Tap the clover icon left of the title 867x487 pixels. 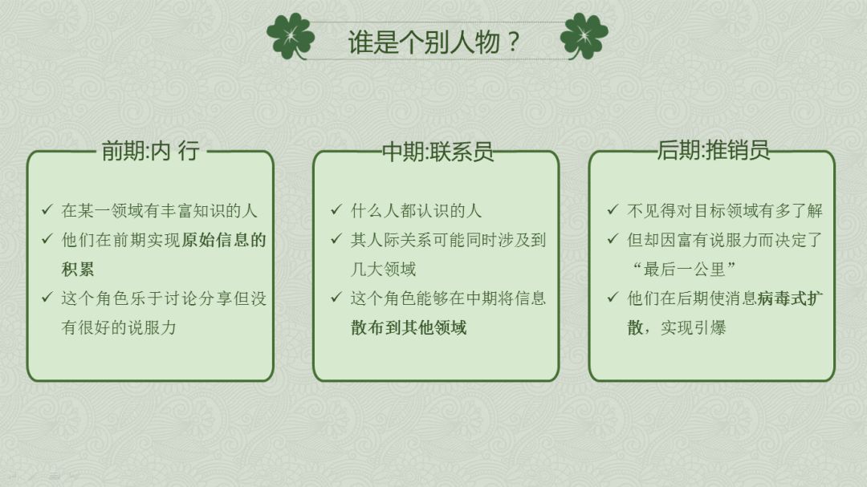290,36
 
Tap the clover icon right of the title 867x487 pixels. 584,36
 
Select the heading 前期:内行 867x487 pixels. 150,151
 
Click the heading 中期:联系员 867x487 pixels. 437,152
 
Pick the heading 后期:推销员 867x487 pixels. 713,150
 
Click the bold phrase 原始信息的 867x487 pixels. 223,240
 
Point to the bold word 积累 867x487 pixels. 78,269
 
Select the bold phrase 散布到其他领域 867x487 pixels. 409,327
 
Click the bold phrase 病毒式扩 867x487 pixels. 791,298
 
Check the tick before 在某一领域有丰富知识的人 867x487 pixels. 47,211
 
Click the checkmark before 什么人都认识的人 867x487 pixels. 336,210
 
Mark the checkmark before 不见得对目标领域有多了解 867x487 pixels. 613,210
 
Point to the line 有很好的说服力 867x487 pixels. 119,327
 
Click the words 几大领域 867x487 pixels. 383,269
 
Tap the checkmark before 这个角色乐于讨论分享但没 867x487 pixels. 47,298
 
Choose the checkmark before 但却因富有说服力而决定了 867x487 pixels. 613,240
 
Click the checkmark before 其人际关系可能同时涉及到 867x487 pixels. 336,240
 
